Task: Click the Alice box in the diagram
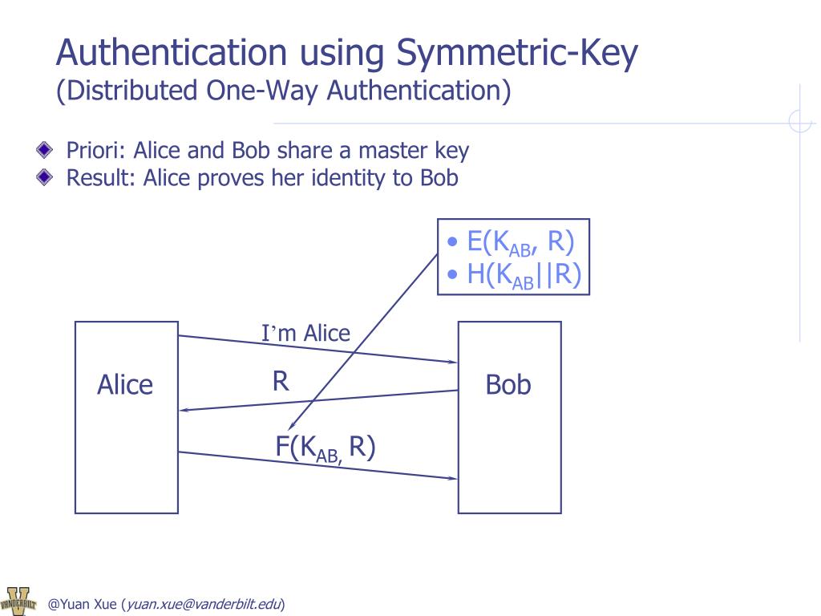click(126, 417)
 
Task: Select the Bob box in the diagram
click(509, 417)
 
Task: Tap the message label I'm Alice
click(305, 333)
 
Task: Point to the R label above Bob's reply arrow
click(280, 381)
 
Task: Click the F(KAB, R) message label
click(326, 448)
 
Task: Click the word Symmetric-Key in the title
click(518, 53)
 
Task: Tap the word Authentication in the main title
click(171, 53)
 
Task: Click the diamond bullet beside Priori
click(44, 150)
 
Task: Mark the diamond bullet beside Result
click(44, 177)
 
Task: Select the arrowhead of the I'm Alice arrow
click(451, 362)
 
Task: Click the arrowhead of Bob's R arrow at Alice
click(184, 410)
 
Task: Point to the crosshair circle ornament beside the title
click(800, 121)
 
